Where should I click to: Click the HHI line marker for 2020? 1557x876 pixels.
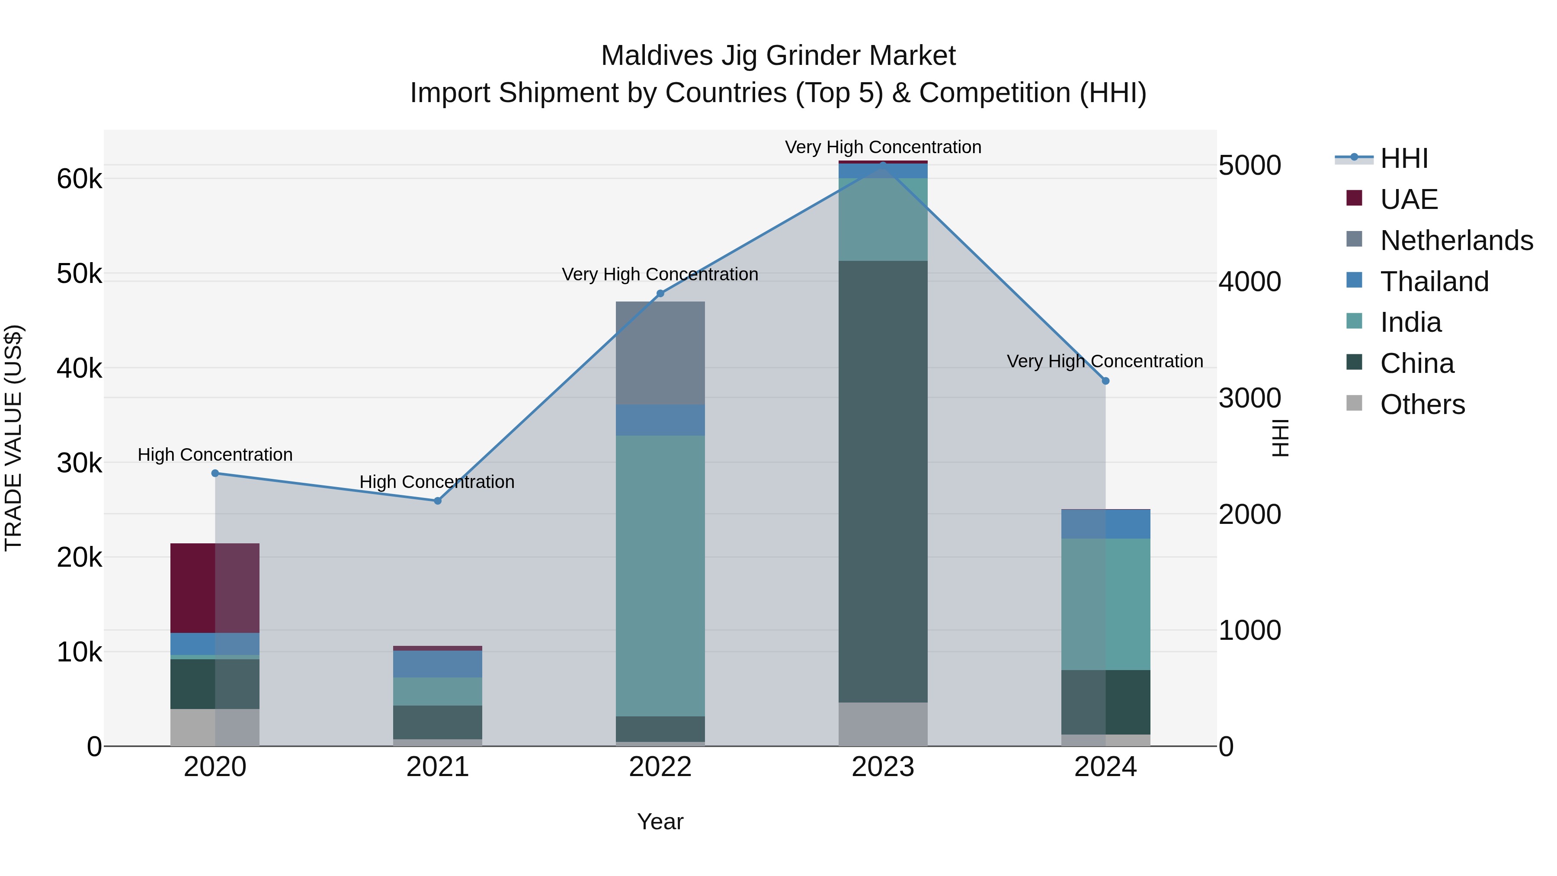coord(215,473)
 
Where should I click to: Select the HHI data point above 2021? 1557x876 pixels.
coord(438,501)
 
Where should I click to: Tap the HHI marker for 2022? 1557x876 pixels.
coord(660,293)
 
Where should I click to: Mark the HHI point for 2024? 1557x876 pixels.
coord(1105,381)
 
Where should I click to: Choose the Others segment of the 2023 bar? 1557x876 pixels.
coord(883,724)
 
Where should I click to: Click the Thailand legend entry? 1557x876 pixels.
coord(1434,282)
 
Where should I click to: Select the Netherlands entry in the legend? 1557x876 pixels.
coord(1455,241)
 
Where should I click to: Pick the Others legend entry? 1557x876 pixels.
coord(1422,404)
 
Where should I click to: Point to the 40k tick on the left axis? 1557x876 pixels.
coord(79,368)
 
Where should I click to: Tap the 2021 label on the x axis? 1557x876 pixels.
coord(438,767)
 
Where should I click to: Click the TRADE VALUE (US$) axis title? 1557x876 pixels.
coord(13,438)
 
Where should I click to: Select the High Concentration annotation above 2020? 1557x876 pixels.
coord(215,455)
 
